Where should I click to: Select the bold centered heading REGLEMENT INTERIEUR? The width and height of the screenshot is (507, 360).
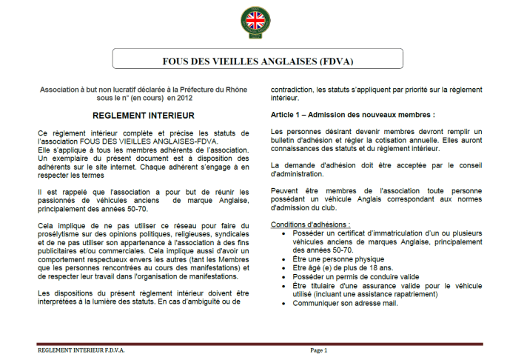pyautogui.click(x=144, y=116)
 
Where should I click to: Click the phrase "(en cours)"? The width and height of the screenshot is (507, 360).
pyautogui.click(x=147, y=96)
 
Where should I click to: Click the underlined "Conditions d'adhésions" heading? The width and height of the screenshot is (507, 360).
pyautogui.click(x=310, y=224)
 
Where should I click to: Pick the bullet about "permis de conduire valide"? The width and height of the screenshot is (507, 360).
pyautogui.click(x=348, y=276)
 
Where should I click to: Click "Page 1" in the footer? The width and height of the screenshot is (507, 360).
pyautogui.click(x=319, y=350)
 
